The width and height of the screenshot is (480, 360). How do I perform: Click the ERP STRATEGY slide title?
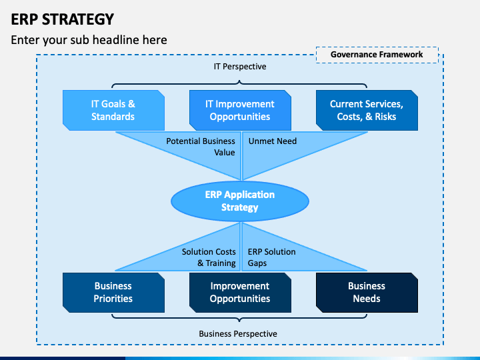click(62, 18)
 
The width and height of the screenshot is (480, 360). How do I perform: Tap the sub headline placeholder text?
click(89, 40)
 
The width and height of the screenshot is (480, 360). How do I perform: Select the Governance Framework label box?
click(377, 55)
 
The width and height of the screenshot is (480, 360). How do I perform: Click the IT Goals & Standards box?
click(113, 110)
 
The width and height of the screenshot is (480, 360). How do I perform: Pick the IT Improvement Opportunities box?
click(240, 110)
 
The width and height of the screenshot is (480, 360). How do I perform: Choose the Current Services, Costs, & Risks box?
click(367, 110)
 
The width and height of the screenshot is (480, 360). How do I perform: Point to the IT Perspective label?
click(240, 67)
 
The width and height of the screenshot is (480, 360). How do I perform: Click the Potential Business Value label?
click(201, 147)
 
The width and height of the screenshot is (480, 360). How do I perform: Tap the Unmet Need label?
click(272, 141)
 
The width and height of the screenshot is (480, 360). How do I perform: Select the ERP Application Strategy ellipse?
click(240, 201)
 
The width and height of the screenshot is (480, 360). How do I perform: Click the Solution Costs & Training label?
click(209, 257)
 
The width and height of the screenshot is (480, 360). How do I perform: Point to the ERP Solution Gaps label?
click(271, 257)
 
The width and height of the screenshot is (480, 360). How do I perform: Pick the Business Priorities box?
click(113, 292)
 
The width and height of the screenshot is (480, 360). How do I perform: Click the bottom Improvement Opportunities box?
click(240, 292)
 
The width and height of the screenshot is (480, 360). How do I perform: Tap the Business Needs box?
click(367, 292)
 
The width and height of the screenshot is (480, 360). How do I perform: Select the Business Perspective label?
click(238, 333)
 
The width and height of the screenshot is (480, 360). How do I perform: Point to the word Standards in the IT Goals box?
click(113, 117)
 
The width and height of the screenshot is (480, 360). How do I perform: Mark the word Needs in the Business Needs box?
click(367, 299)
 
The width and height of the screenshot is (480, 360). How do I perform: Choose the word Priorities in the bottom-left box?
click(113, 299)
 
